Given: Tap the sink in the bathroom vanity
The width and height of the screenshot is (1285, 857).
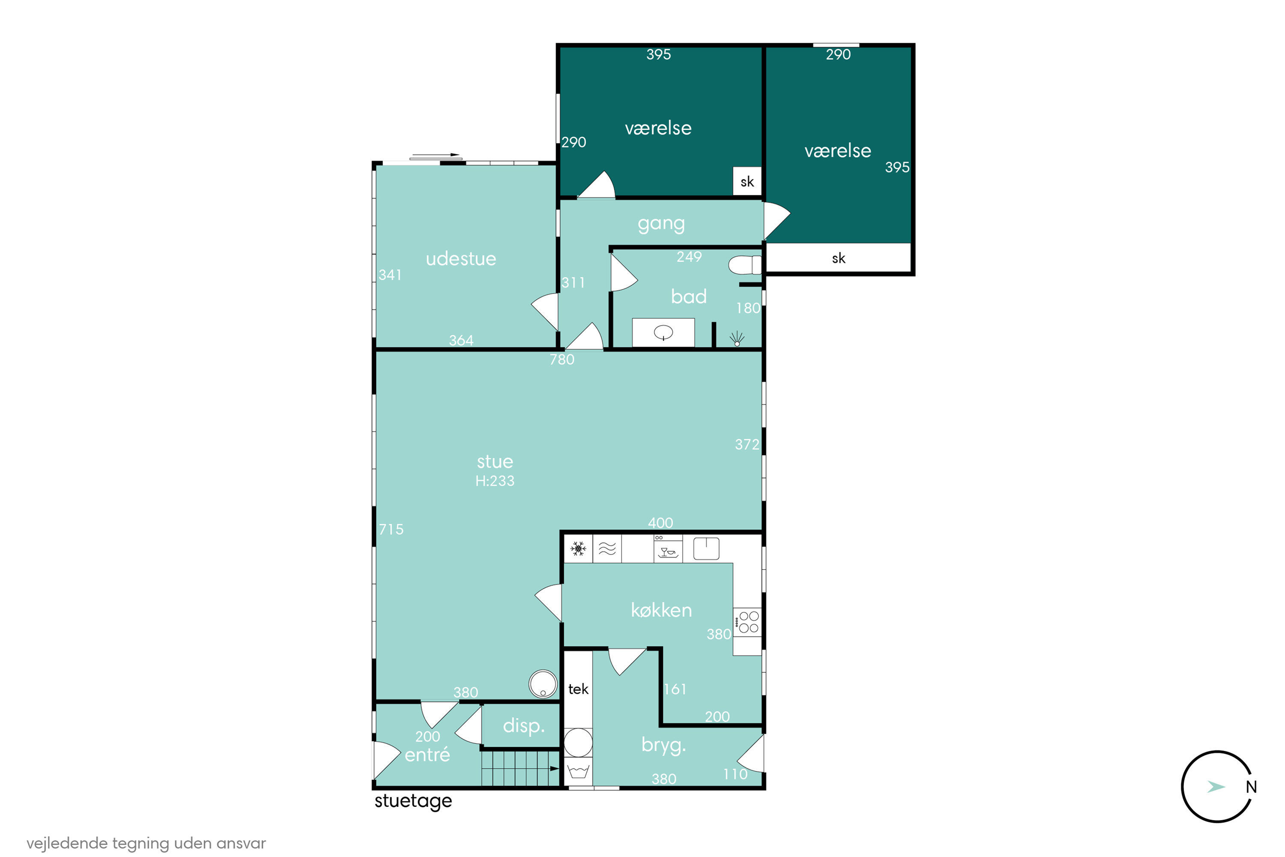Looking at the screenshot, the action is [663, 332].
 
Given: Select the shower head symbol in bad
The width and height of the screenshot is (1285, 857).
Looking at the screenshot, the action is [737, 339].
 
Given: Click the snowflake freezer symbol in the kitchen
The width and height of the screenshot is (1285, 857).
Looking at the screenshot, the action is [578, 548].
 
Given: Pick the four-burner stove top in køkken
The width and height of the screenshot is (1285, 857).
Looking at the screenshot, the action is [747, 622].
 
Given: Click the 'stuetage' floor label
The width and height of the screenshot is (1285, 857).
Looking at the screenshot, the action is [413, 801].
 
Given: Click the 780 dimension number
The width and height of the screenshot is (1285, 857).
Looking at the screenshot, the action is [562, 360].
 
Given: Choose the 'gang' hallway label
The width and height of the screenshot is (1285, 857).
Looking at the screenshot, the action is [661, 224].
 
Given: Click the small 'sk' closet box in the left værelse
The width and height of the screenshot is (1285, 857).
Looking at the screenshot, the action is [747, 181].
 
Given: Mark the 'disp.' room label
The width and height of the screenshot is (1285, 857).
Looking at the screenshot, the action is [523, 726].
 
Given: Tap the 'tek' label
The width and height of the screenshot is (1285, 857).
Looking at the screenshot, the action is [578, 689].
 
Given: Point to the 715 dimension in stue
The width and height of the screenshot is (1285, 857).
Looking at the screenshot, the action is [391, 529].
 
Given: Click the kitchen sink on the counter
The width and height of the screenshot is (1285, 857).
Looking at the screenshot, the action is [706, 548].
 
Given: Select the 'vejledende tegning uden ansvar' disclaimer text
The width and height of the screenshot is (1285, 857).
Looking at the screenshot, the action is [146, 843].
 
